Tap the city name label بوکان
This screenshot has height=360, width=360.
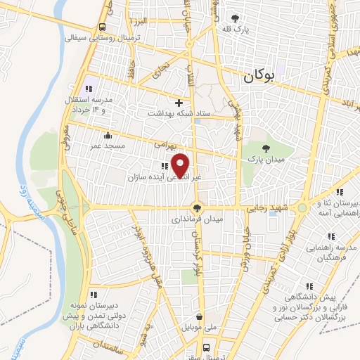point(257,78)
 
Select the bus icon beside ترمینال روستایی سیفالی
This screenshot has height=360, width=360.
point(103,27)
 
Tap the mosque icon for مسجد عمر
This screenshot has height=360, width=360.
point(107,136)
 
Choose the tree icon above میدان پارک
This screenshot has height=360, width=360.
point(266,148)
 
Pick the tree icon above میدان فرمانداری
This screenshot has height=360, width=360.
point(198,207)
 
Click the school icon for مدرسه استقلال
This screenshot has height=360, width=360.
point(89,89)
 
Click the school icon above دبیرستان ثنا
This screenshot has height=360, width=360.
point(340,192)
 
